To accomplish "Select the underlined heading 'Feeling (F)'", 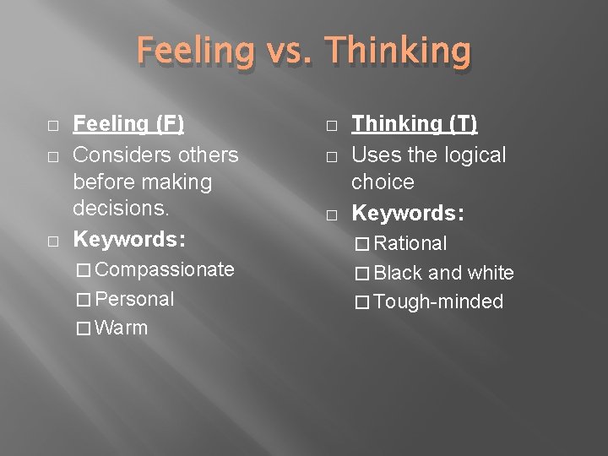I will [128, 124].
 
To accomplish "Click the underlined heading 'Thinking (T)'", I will [415, 124].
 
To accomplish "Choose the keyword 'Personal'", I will [135, 299].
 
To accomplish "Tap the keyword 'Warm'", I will [122, 328].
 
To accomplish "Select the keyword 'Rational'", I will [410, 243].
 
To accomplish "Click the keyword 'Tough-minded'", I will [438, 301].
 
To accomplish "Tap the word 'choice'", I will [383, 182].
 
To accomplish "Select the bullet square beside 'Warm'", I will [83, 328].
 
